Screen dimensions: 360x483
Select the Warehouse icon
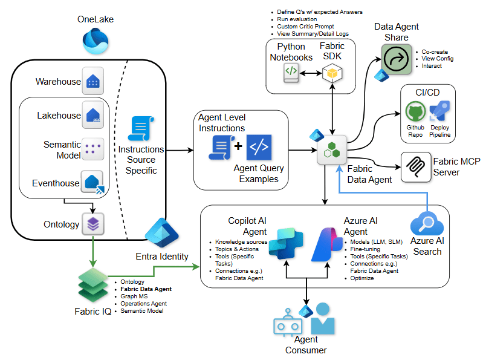92,81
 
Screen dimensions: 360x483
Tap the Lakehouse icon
92,115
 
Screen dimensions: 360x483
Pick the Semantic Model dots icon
92,149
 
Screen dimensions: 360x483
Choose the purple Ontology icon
92,224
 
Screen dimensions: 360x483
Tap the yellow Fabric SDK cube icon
332,73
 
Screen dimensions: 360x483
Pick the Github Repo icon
415,113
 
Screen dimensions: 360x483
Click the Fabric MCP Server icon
415,164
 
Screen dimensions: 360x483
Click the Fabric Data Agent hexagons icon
332,149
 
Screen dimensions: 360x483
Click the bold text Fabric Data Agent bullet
145,289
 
